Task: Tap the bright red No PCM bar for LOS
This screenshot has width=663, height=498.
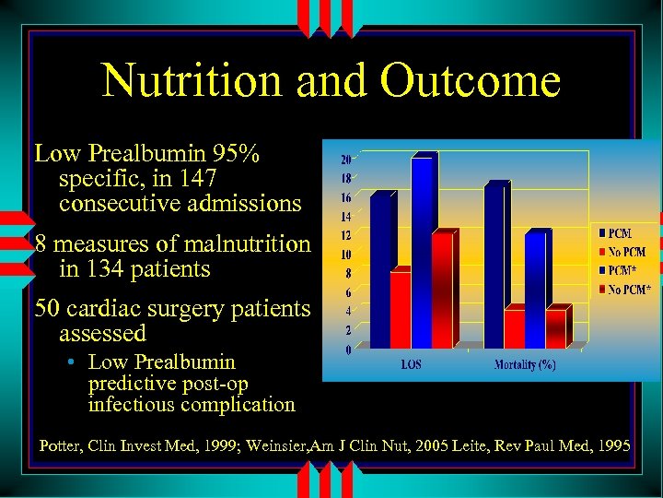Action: point(401,308)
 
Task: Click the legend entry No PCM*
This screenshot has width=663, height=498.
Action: point(629,290)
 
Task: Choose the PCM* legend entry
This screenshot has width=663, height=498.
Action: point(625,270)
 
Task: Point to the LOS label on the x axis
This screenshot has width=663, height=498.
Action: point(411,364)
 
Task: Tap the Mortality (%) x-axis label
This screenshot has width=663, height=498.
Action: point(525,364)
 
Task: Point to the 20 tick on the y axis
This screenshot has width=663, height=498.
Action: point(345,159)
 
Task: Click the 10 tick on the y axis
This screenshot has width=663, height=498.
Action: point(345,254)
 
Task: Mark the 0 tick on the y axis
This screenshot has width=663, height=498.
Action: point(347,350)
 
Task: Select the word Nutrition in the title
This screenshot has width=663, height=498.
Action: point(194,80)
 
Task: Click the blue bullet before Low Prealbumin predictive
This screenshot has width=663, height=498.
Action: point(71,362)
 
